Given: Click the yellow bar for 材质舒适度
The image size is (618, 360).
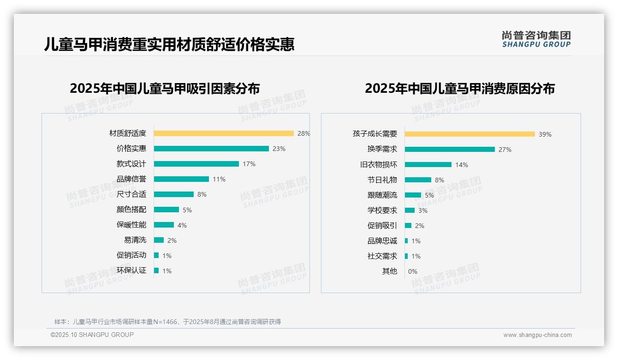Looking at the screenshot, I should click(224, 133).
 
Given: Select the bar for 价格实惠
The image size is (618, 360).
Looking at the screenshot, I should click(211, 149).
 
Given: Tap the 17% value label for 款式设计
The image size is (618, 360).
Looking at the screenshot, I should click(249, 164).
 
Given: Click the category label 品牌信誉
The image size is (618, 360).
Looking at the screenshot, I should click(131, 179).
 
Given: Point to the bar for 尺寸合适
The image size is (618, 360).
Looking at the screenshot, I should click(174, 194).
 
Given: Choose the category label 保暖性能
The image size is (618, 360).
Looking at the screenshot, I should click(131, 225).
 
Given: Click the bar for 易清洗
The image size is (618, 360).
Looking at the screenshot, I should click(159, 240).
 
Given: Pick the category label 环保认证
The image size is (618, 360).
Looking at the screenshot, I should click(131, 270).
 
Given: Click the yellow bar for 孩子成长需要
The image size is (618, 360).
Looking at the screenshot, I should click(470, 134).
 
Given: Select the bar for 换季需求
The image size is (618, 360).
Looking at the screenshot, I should click(450, 149).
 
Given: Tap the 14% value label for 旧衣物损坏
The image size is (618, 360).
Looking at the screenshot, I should click(462, 165).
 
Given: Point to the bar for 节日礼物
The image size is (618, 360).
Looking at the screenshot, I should click(418, 180).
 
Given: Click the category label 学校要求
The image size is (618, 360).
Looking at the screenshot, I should click(382, 210).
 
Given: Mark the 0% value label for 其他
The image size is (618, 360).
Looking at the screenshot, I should click(413, 271).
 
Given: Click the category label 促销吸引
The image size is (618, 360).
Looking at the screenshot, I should click(382, 226).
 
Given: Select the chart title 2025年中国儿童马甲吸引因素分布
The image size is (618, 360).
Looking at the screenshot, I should click(165, 88).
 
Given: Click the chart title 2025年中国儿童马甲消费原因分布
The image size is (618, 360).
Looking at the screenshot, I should click(460, 88).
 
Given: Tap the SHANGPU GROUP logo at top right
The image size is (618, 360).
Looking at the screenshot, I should click(536, 39).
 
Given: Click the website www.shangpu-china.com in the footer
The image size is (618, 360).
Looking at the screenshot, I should click(537, 335).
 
